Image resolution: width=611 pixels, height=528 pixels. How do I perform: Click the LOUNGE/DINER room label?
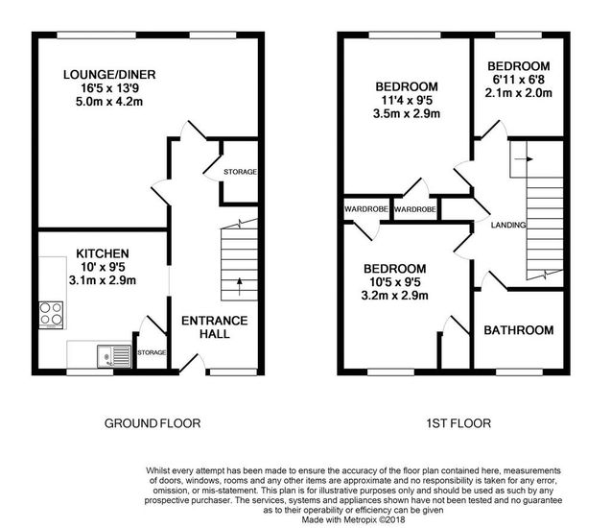[x=109, y=75]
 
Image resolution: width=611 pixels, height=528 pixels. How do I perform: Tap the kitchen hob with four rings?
[x=51, y=315]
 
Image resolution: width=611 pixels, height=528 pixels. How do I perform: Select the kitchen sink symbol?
[x=114, y=356]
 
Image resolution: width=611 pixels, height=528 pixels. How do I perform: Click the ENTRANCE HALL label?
[x=215, y=327]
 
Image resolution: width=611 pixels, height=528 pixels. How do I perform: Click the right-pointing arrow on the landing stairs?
[x=524, y=159]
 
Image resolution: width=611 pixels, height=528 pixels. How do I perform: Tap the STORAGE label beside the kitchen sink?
[x=152, y=352]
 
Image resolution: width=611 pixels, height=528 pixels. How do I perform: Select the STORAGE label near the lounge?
[x=240, y=172]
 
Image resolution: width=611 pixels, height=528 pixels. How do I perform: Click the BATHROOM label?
[x=519, y=330]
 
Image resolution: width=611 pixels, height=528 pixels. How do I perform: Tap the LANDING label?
[x=508, y=225]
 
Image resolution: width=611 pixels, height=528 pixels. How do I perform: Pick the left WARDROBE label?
[x=366, y=209]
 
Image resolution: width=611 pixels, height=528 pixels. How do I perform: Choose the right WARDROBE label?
[x=414, y=210]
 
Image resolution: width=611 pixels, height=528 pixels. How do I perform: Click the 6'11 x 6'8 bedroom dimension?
[x=519, y=80]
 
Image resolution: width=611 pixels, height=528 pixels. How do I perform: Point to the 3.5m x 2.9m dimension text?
[x=407, y=114]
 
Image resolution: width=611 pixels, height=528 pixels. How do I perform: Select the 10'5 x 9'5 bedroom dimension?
[x=395, y=282]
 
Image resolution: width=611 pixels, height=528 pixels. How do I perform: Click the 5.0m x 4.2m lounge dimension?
[x=109, y=102]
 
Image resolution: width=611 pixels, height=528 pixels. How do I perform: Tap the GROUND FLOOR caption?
[x=153, y=423]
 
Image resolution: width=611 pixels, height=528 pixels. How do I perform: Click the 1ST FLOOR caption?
[x=458, y=423]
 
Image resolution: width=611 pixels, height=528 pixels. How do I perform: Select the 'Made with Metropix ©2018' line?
[x=353, y=519]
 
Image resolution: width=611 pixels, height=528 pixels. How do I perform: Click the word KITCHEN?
[x=103, y=253]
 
